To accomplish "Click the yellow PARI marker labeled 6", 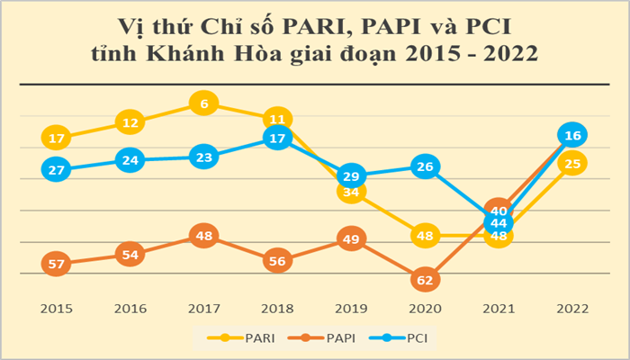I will [204, 104].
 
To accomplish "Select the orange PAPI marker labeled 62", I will [426, 280].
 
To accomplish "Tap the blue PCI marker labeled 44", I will [499, 222].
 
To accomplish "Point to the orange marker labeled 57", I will [57, 264].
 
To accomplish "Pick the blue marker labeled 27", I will [57, 170].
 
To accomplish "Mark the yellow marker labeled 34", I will [352, 192].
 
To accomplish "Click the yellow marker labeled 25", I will [571, 163].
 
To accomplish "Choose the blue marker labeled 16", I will [571, 135].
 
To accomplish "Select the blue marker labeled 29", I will [352, 176].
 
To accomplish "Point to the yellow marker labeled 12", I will [130, 122].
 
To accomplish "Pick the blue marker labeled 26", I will [426, 166].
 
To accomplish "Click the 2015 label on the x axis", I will [57, 309].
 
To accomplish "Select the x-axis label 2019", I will [352, 309].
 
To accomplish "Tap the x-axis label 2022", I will [571, 309].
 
